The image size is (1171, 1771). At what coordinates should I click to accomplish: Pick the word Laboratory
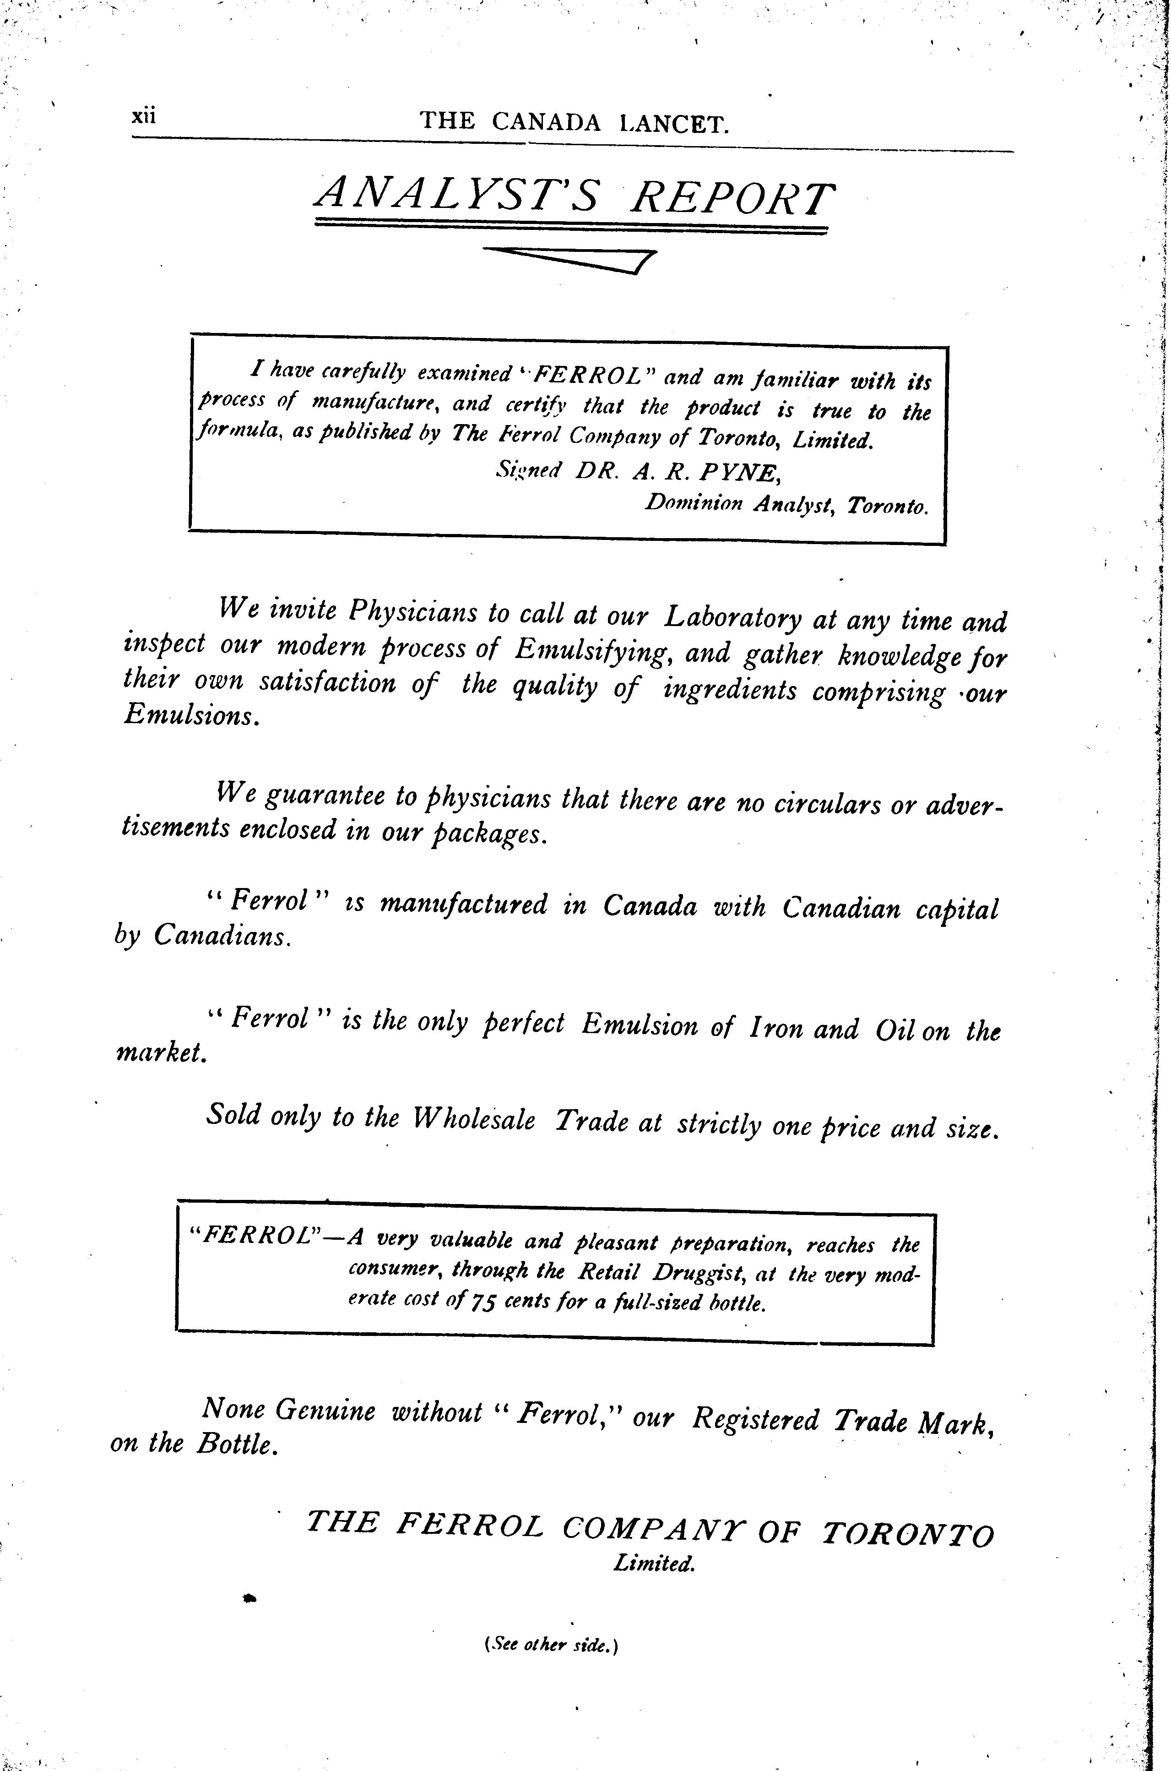click(732, 617)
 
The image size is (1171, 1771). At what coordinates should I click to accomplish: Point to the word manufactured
click(463, 905)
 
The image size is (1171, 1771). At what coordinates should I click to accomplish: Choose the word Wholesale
click(473, 1119)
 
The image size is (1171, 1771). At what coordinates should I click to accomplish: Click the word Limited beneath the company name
click(654, 1564)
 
